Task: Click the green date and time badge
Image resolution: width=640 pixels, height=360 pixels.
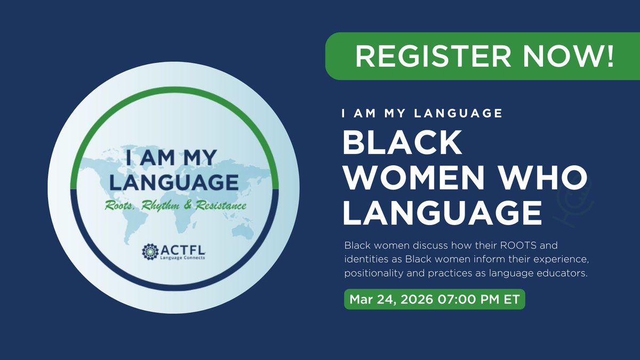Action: tap(435, 299)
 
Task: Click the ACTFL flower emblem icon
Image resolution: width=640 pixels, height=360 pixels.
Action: tap(149, 250)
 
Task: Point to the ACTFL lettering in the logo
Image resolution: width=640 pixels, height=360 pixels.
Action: tap(179, 248)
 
